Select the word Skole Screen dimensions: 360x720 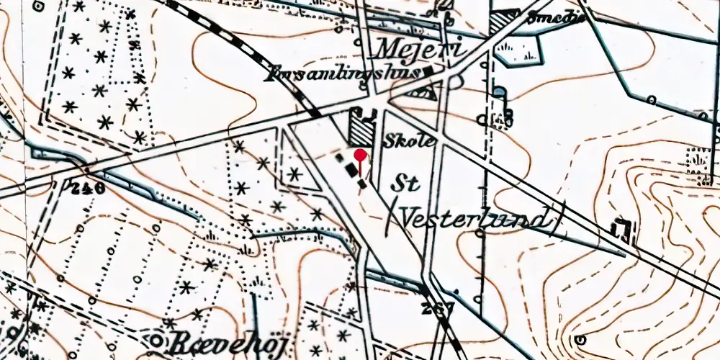410,141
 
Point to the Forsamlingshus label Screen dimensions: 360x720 344,73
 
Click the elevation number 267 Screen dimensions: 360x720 439,308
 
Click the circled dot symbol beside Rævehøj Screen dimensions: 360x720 156,339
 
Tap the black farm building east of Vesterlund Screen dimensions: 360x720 621,228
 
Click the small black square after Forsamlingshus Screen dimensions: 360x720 430,71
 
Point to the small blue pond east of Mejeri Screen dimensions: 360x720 498,91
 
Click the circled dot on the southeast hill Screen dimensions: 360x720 580,339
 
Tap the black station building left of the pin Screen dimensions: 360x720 351,168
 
